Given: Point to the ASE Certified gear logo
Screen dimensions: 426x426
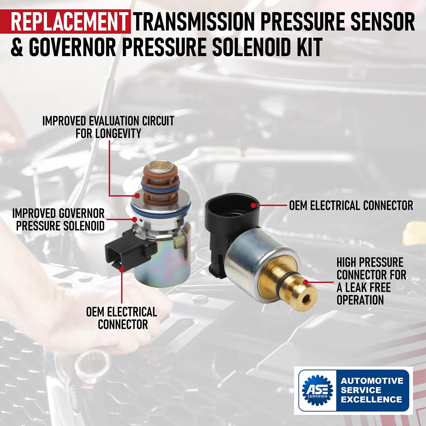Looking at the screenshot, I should pyautogui.click(x=317, y=390).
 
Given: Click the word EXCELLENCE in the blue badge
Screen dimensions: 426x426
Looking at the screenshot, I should pyautogui.click(x=371, y=399).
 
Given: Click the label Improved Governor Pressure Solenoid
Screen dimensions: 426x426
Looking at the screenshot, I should pyautogui.click(x=59, y=220).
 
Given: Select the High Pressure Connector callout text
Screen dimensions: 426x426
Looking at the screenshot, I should pyautogui.click(x=371, y=281).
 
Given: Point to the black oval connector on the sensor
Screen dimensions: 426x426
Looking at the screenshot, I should pyautogui.click(x=232, y=210).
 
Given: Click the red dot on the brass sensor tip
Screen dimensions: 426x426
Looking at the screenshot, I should pyautogui.click(x=306, y=282).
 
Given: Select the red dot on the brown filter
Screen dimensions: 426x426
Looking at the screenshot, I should pyautogui.click(x=137, y=196).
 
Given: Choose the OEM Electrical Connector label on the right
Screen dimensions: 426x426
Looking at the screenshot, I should pyautogui.click(x=351, y=206).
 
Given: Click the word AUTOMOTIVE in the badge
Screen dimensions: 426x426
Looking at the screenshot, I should pyautogui.click(x=372, y=381).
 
